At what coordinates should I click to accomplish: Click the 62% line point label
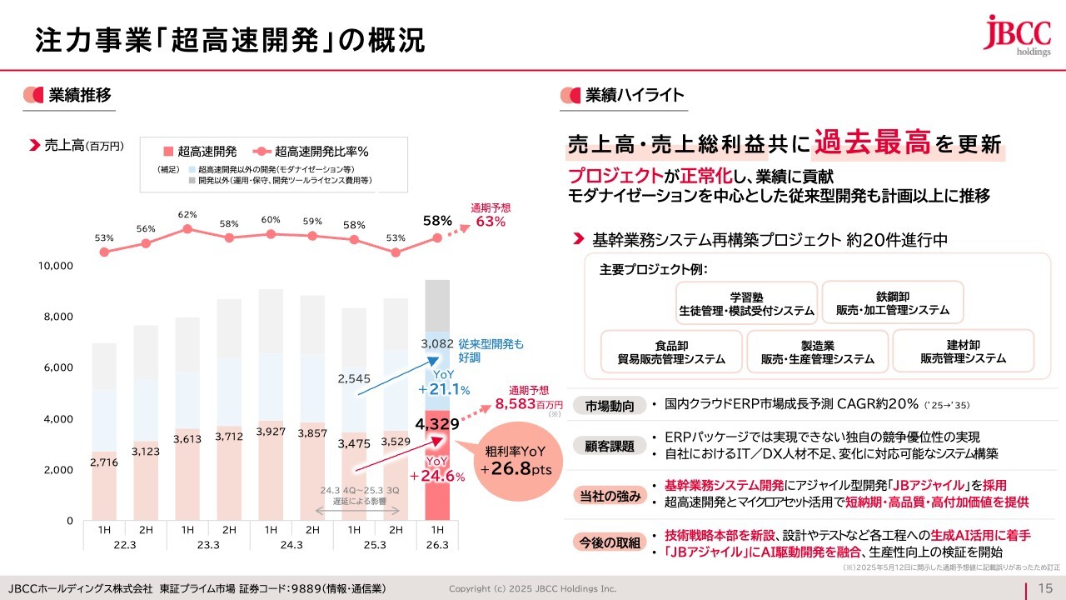point(187,215)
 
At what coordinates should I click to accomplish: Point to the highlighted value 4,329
point(437,424)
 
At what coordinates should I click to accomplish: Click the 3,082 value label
point(437,343)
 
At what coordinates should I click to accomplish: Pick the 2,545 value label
point(354,378)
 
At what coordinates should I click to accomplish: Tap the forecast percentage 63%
point(491,221)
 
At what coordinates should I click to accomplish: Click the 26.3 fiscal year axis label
point(437,544)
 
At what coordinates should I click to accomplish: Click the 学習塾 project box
point(746,302)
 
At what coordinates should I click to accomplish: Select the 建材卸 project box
point(963,351)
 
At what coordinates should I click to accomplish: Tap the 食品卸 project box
point(671,351)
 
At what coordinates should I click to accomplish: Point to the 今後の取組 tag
point(610,542)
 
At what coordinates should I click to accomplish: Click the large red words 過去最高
point(872,142)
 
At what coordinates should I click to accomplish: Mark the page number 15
point(1046,588)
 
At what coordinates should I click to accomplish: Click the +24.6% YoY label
point(442,469)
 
